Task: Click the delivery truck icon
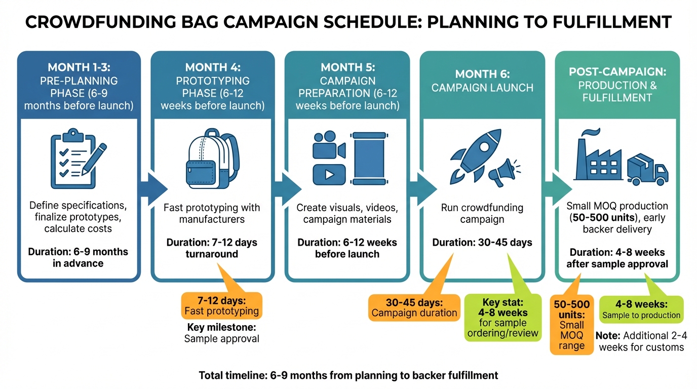[x=647, y=170]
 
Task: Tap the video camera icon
[x=328, y=144]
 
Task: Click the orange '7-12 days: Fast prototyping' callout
[x=221, y=306]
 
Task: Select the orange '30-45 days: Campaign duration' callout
[x=414, y=307]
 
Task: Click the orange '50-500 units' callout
[x=572, y=325]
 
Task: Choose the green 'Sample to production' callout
[x=641, y=309]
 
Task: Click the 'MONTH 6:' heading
[x=482, y=74]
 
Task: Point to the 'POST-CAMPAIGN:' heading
[x=617, y=72]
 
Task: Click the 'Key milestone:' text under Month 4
[x=221, y=327]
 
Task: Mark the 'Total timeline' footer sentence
[x=348, y=375]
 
